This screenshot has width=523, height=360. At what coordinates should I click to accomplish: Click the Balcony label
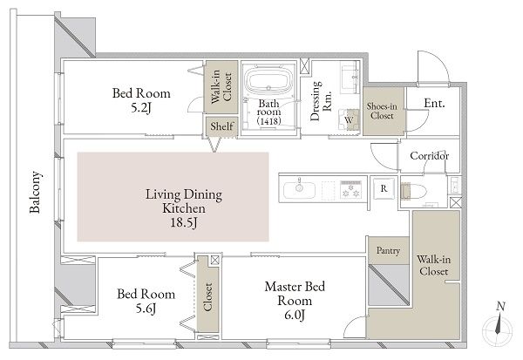[36, 192]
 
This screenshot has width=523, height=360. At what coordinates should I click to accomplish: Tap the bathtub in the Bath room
[268, 81]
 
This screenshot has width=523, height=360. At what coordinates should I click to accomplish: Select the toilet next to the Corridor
[413, 192]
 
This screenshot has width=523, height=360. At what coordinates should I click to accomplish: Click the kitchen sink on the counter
[299, 190]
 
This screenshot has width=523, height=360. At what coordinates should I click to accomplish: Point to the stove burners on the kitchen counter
[350, 189]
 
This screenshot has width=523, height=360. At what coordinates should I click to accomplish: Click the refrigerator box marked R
[384, 188]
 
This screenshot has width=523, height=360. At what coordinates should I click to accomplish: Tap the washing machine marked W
[349, 119]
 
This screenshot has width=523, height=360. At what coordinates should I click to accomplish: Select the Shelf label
[221, 126]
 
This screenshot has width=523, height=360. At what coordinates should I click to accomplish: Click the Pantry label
[388, 250]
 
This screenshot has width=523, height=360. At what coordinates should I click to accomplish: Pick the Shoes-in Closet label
[382, 111]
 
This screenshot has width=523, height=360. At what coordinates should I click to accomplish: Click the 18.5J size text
[184, 222]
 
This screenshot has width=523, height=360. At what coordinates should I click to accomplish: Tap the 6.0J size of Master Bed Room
[295, 315]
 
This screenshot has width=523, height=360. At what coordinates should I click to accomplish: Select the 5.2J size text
[141, 107]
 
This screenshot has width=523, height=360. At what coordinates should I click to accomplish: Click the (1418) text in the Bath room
[268, 120]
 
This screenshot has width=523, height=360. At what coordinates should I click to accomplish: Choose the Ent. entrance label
[434, 103]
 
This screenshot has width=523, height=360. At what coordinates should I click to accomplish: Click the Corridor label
[429, 156]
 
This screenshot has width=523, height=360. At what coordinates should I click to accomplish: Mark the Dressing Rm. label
[320, 101]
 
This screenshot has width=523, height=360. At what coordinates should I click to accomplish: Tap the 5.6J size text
[146, 309]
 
